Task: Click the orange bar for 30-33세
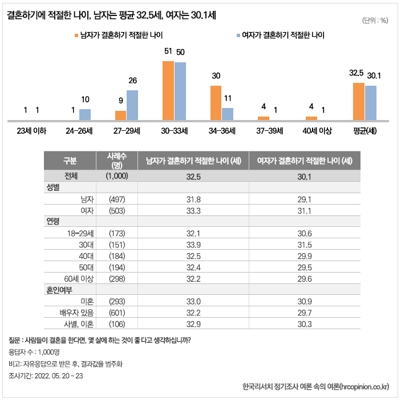pyautogui.click(x=168, y=90)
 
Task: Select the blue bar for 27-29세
pyautogui.click(x=132, y=105)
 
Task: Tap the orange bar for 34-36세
pyautogui.click(x=216, y=103)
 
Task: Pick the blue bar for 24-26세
pyautogui.click(x=84, y=114)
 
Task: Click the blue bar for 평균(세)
pyautogui.click(x=371, y=103)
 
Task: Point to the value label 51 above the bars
pyautogui.click(x=168, y=51)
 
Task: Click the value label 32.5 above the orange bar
pyautogui.click(x=357, y=73)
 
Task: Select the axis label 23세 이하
pyautogui.click(x=31, y=131)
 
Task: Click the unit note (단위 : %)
pyautogui.click(x=375, y=21)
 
